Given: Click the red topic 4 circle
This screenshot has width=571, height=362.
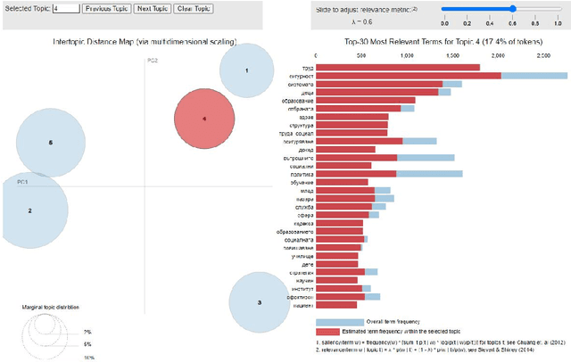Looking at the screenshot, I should point(204,119).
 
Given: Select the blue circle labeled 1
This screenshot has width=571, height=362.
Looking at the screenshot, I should point(247,70).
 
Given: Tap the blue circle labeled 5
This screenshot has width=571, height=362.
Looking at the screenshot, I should point(51,143).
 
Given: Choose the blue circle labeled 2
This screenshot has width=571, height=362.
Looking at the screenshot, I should point(30,210).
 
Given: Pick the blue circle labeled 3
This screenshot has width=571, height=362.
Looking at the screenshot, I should point(260,303).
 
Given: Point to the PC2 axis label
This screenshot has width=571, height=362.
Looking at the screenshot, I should point(152,60).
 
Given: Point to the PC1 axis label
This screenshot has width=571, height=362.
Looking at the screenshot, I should point(23,181).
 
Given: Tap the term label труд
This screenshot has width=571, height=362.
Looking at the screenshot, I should point(306,67).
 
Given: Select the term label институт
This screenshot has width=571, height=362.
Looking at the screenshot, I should point(301,288).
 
